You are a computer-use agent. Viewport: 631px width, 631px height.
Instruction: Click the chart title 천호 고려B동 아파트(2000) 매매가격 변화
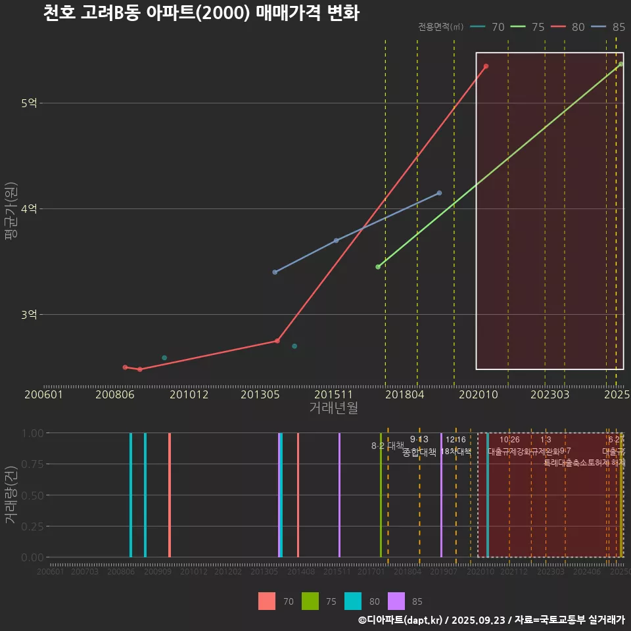(201, 14)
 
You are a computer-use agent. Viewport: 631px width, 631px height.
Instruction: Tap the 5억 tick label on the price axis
(30, 103)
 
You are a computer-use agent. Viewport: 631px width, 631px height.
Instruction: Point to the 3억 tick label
(30, 314)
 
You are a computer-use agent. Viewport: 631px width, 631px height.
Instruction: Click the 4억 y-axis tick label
(30, 208)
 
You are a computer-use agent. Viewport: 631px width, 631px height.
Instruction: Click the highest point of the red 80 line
(486, 66)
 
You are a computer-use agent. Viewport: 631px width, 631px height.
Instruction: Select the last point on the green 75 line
(620, 64)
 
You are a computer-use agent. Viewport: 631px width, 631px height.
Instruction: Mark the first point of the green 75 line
(378, 267)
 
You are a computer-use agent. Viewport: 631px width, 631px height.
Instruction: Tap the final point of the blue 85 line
(439, 193)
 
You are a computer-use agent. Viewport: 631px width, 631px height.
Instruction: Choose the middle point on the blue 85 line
(336, 241)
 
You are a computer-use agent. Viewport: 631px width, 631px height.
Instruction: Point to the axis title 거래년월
(333, 408)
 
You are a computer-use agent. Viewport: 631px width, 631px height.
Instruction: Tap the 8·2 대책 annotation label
(387, 446)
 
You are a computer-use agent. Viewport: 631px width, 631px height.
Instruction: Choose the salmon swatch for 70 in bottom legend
(267, 601)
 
